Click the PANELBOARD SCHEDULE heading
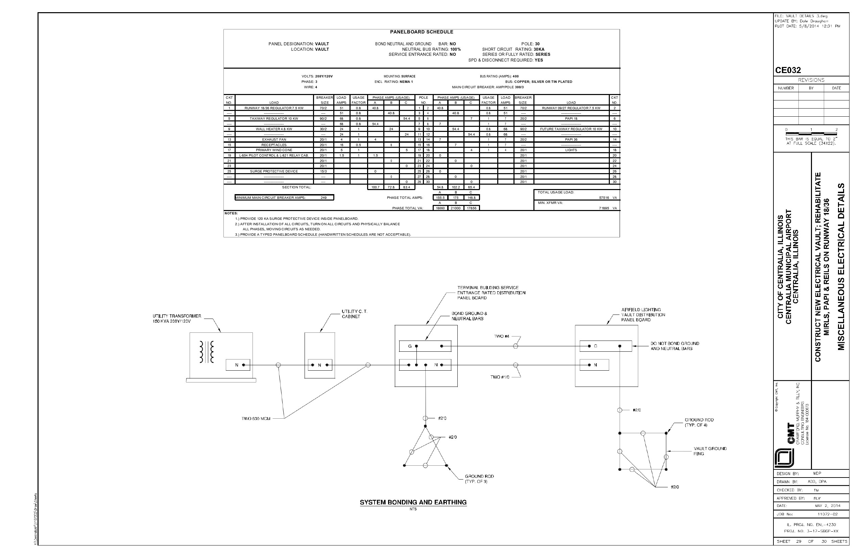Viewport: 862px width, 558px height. (422, 32)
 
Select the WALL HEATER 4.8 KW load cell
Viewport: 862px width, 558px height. (274, 129)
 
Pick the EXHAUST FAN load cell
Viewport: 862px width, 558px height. (274, 139)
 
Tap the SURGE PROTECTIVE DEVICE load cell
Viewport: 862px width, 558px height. (274, 171)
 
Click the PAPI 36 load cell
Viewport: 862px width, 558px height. (571, 139)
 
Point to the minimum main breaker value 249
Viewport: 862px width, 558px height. (324, 198)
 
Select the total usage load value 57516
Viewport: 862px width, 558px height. (604, 198)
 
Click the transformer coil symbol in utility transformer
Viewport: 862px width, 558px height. (207, 352)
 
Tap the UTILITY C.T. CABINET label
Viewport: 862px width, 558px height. (354, 314)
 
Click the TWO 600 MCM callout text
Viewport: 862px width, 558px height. (256, 419)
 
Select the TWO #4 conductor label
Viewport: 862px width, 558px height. (502, 336)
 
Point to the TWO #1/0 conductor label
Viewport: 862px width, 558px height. (500, 377)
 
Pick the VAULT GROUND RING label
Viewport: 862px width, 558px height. (710, 451)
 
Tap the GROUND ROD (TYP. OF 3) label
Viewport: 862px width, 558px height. (479, 479)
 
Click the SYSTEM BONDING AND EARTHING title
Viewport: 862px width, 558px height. (413, 502)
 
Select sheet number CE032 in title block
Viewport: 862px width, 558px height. (788, 70)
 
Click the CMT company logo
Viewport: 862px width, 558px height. (784, 458)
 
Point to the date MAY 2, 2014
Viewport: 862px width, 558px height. (828, 506)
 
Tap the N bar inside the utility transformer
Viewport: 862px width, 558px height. (238, 365)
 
